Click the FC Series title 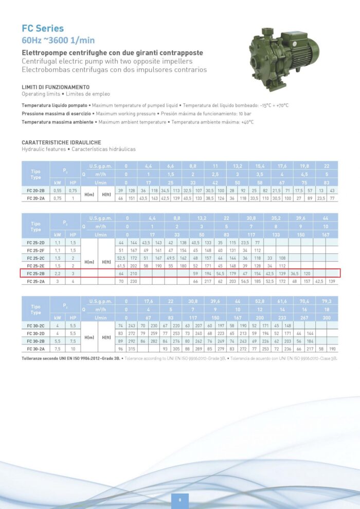click(43, 29)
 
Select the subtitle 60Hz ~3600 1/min click(58, 40)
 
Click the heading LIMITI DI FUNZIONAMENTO click(56, 87)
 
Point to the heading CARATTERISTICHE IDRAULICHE click(61, 142)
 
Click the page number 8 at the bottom click(180, 499)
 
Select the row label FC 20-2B click(35, 190)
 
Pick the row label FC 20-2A click(35, 198)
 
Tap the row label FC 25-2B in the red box click(35, 274)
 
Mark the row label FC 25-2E click(35, 266)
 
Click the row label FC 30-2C click(35, 326)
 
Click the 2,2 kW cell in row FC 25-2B click(58, 274)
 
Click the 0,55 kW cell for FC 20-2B click(58, 190)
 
